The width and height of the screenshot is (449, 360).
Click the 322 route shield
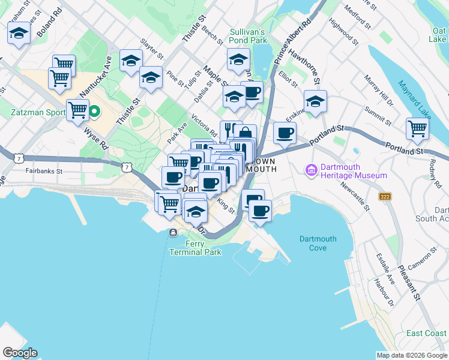[x=385, y=196]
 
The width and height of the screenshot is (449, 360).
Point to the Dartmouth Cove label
[x=318, y=243]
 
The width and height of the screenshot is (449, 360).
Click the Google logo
[x=20, y=353]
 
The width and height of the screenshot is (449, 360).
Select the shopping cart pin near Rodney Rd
[x=417, y=128]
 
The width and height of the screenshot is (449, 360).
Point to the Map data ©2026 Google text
[x=412, y=355]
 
